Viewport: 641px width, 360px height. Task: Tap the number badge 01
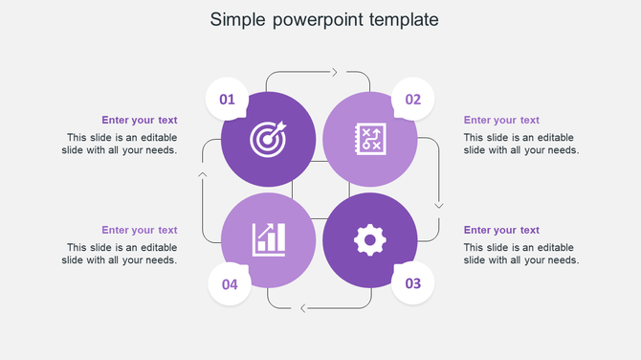point(228,99)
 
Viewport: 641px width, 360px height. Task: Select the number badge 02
point(413,99)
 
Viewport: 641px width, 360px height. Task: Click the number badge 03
point(413,283)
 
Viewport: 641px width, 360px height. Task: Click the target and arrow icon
point(268,139)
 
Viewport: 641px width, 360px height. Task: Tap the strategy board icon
point(370,139)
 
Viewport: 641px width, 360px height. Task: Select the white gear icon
point(370,239)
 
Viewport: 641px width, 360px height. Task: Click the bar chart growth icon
point(268,239)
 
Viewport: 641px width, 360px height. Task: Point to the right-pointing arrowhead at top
point(334,72)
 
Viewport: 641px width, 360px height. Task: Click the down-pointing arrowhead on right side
point(439,204)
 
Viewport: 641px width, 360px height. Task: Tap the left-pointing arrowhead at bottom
point(303,307)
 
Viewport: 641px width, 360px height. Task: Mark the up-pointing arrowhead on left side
point(202,174)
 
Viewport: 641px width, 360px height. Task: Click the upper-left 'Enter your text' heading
point(140,120)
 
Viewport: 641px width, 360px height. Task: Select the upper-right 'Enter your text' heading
point(501,120)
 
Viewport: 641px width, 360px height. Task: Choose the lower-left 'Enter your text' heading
point(140,230)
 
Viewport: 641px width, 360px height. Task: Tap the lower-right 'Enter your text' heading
point(501,230)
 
